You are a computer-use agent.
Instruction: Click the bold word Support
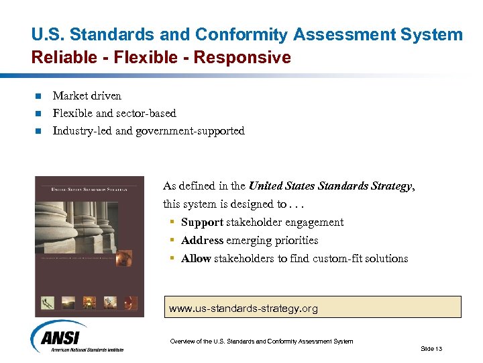click(x=202, y=223)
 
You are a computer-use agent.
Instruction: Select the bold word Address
click(x=202, y=241)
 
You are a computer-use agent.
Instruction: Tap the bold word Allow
click(x=196, y=259)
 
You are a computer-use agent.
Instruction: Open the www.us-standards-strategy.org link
click(x=244, y=309)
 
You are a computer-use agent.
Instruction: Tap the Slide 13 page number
click(x=431, y=348)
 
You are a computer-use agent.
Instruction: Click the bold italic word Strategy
click(x=392, y=186)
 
